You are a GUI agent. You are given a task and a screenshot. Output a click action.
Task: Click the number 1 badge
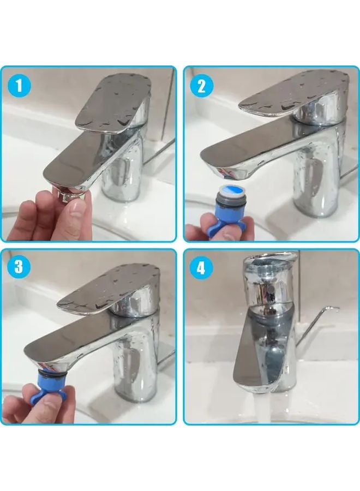point(20,86)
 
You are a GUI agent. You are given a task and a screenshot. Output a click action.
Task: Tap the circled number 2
point(201,86)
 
